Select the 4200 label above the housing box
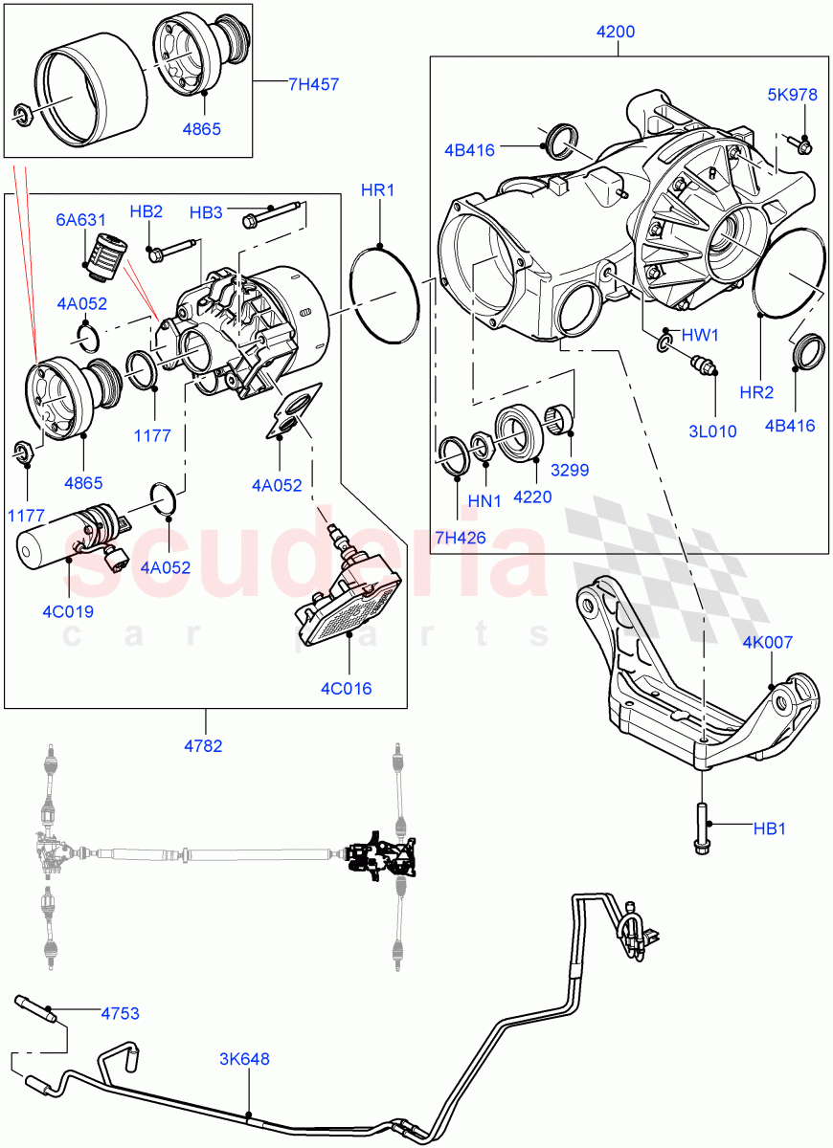coord(615,32)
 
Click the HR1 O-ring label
coord(378,190)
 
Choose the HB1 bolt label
coord(769,828)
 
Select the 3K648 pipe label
coord(244,1059)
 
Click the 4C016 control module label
coord(346,688)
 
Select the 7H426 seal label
coord(459,538)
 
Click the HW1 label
coord(700,335)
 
